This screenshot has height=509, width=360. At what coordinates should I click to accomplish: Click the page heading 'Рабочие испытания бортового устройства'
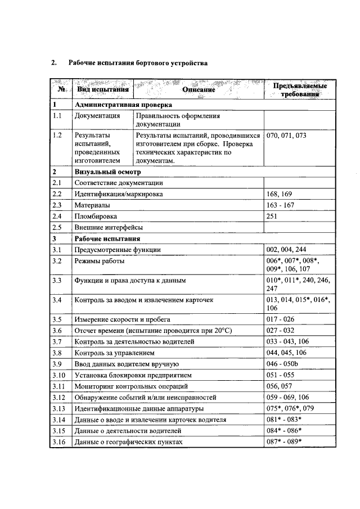[x=138, y=63]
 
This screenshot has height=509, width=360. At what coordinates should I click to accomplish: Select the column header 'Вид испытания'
[x=103, y=89]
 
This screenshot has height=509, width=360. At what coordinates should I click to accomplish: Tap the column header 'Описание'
[x=199, y=89]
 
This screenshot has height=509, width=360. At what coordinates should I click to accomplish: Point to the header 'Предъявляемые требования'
[x=300, y=90]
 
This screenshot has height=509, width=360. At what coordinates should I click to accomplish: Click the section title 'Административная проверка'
[x=123, y=105]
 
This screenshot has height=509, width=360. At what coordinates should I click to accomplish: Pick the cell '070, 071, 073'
[x=286, y=136]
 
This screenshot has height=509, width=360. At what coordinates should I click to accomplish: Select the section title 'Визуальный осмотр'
[x=107, y=172]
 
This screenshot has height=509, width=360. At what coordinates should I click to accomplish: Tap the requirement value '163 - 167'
[x=280, y=205]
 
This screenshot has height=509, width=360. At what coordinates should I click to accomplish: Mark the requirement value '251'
[x=272, y=216]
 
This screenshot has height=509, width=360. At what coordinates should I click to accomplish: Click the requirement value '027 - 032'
[x=280, y=331]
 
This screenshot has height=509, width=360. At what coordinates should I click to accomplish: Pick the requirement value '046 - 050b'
[x=283, y=364]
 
